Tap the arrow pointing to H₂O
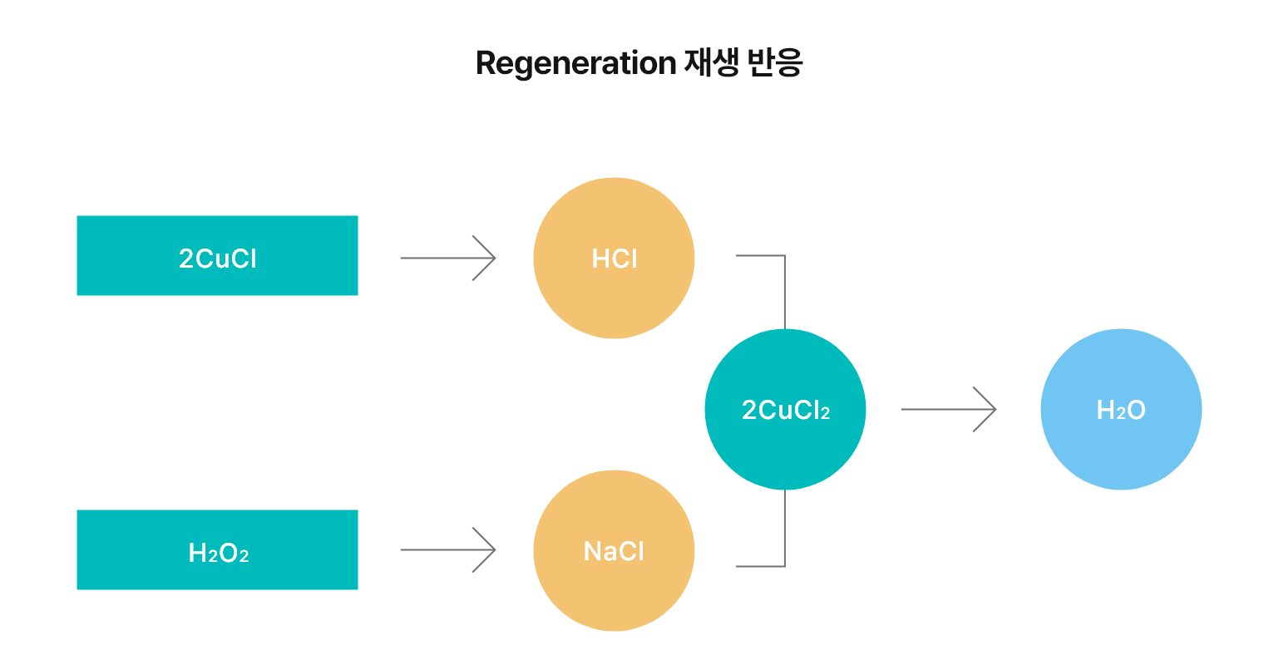[948, 409]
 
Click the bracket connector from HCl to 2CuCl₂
[784, 283]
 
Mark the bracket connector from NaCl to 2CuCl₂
[784, 540]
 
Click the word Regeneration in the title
[575, 64]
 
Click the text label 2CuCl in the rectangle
[218, 259]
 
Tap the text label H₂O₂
[219, 553]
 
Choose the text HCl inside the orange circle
[614, 259]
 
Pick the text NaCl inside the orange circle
[614, 551]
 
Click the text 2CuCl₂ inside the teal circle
[785, 410]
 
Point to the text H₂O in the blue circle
[1121, 410]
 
